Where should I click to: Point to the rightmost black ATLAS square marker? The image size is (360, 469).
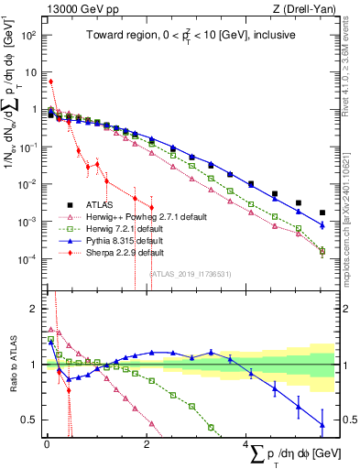322,213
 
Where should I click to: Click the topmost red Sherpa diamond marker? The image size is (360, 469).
50,82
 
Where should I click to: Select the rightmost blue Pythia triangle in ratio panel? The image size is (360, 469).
322,423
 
